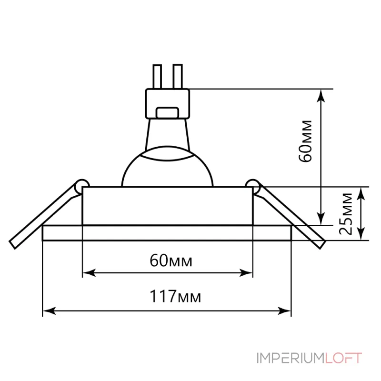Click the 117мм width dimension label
[x=175, y=296]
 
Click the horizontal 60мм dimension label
[x=171, y=261]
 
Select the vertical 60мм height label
[x=305, y=141]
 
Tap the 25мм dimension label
[x=345, y=214]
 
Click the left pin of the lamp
[x=157, y=77]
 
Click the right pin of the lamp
[x=177, y=76]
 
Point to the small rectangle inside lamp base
[x=167, y=113]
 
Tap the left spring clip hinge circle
[x=82, y=186]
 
